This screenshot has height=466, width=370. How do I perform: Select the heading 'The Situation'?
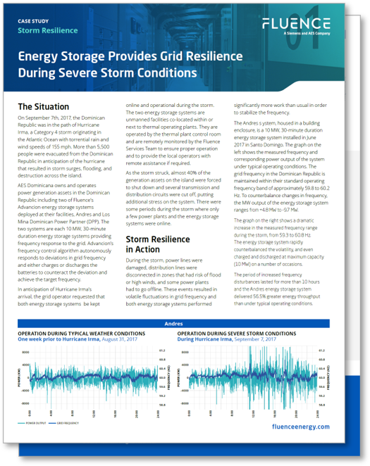coord(43,106)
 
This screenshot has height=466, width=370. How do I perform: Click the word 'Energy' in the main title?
coord(42,56)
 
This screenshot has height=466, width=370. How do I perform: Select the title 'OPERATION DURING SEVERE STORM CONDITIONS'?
coord(236,333)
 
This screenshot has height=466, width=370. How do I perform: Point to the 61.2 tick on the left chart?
coord(161,350)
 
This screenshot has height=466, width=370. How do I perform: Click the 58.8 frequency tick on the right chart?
coord(321,405)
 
